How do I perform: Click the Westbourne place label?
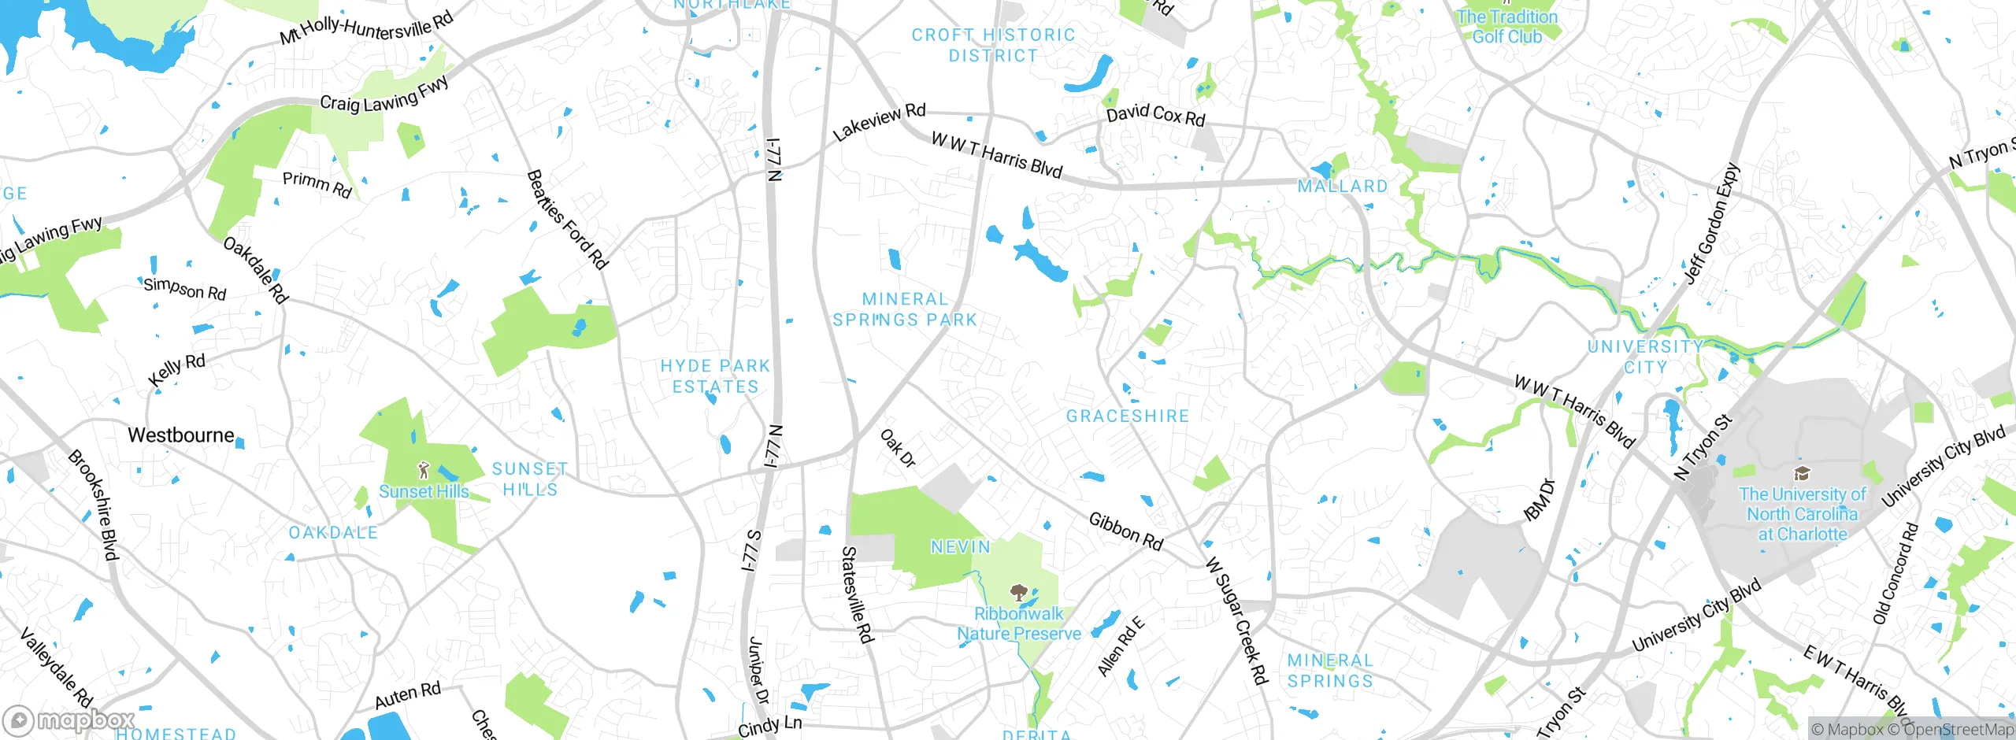pos(181,435)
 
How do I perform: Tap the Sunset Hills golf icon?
pos(424,472)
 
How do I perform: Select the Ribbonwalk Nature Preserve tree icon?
pos(1018,593)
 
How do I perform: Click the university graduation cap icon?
pos(1802,473)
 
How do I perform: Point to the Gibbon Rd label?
pos(1125,531)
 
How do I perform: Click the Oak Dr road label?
pos(898,449)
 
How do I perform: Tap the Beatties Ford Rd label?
pos(567,220)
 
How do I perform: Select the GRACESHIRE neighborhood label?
pos(1128,416)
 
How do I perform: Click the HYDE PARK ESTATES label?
pos(715,376)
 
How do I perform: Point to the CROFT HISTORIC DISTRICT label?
pos(993,46)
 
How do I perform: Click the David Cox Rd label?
pos(1155,115)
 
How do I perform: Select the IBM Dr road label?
pos(1540,500)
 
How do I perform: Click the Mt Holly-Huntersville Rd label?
pos(367,28)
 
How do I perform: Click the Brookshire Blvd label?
pos(93,505)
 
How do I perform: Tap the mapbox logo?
pos(69,720)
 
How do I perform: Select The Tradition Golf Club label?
pos(1506,27)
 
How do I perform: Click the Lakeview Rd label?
pos(879,121)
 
